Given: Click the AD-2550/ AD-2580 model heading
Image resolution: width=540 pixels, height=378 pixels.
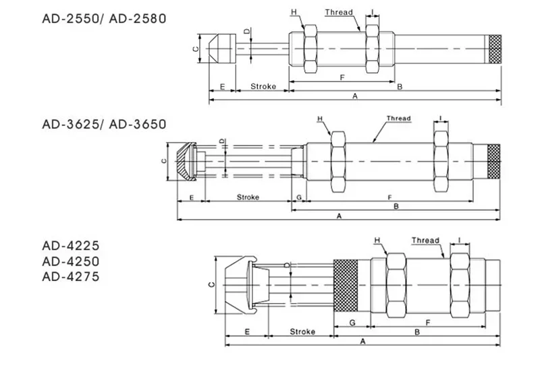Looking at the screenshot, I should [x=103, y=18].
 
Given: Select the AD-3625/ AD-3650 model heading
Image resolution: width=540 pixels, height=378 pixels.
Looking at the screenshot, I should [x=103, y=124].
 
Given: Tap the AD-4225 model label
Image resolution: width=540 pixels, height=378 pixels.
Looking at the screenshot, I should [x=70, y=247].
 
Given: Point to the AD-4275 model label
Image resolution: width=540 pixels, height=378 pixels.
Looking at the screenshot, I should [x=70, y=276].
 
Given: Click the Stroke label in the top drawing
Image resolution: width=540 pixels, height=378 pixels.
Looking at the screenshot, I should [x=262, y=86].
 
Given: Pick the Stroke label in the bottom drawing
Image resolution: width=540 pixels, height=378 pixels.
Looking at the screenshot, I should [x=302, y=332].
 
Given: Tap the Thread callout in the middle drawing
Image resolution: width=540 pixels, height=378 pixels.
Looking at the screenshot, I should [x=398, y=119].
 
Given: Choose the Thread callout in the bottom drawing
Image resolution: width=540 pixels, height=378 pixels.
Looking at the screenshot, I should [x=425, y=240].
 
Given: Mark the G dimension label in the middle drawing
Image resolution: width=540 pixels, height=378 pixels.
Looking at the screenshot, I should [x=298, y=197].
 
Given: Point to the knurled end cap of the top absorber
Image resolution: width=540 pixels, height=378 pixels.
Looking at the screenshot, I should [x=496, y=49].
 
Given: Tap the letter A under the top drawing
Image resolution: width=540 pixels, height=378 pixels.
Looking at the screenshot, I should [x=355, y=97].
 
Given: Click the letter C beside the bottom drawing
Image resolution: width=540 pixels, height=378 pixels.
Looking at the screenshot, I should [x=210, y=284].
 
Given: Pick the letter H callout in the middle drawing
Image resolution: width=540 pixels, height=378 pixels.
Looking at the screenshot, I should [x=321, y=119].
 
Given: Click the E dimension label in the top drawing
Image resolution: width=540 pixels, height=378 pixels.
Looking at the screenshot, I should [x=221, y=86].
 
